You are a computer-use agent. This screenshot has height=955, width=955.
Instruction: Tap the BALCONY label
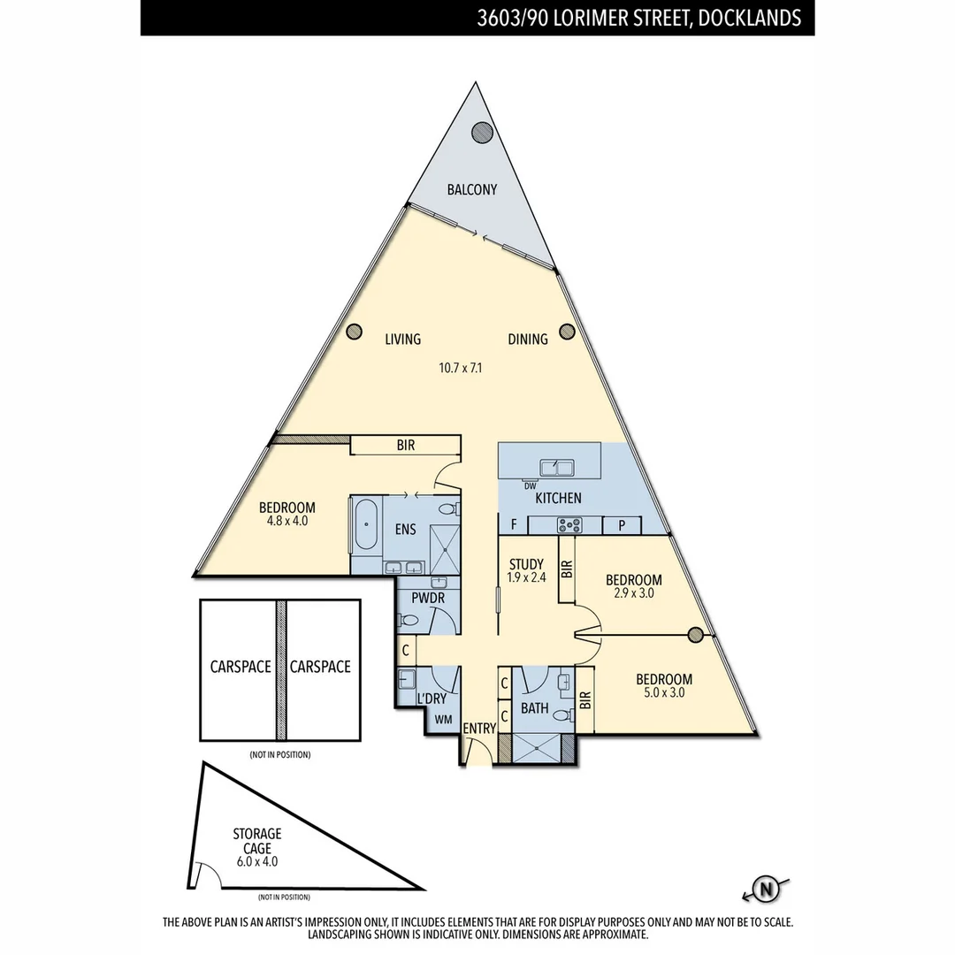coord(471,189)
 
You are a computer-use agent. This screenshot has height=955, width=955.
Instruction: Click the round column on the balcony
coord(482,133)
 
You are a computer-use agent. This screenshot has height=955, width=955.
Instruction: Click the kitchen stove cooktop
coord(569,525)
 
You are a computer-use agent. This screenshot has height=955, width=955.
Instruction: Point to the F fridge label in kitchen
coord(514,525)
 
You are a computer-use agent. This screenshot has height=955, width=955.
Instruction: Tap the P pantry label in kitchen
coord(622,525)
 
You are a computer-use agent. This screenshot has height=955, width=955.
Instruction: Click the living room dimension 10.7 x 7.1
coord(459,368)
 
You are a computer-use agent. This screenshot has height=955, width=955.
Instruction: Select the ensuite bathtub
coord(365,524)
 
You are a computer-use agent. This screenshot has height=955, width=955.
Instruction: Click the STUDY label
coord(526,564)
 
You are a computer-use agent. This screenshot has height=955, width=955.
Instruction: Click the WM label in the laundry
coord(442,720)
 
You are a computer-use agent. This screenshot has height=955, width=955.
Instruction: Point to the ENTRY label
coord(479,728)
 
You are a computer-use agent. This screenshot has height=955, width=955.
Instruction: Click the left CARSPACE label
coord(240,667)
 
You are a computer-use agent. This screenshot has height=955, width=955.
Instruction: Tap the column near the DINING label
coord(568,332)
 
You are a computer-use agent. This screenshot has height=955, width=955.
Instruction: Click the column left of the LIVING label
coord(354,332)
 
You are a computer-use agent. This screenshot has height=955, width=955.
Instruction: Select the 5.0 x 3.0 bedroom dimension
coord(664,693)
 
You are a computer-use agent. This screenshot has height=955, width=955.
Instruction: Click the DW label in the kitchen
coord(530,485)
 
